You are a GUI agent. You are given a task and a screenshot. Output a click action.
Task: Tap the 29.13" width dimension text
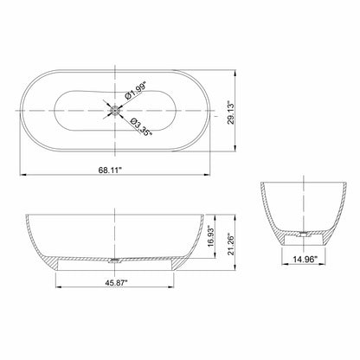tap(231, 112)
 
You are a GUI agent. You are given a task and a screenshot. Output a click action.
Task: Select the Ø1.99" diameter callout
tap(136, 91)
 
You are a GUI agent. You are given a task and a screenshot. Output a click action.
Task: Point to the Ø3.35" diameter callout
tap(141, 127)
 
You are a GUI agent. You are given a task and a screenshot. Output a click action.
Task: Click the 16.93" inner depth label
tap(211, 236)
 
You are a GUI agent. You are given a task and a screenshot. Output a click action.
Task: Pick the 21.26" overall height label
tap(231, 244)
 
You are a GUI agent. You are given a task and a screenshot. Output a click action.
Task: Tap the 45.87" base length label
tap(116, 283)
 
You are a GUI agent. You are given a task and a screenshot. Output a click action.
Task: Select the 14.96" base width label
tap(305, 260)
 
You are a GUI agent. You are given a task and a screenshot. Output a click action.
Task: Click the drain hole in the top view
tap(115, 111)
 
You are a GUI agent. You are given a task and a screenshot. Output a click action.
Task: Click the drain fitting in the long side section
tap(115, 260)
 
